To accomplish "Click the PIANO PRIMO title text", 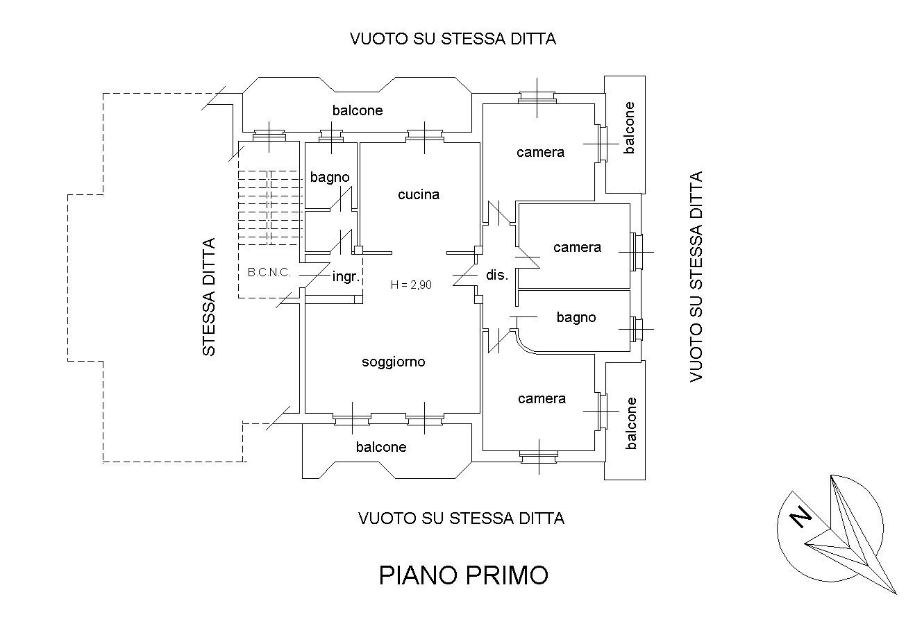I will click(463, 575).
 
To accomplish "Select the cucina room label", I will click(419, 195).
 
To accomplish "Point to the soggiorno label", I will click(394, 362).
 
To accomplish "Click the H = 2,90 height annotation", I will click(412, 283).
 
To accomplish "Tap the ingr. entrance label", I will click(345, 276).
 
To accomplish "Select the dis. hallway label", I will click(497, 275).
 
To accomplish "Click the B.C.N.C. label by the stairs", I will click(269, 273).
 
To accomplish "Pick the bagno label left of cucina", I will click(330, 178).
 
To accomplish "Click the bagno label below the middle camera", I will click(576, 318).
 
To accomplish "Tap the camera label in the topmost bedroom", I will click(540, 153).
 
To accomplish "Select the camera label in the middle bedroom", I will click(577, 248).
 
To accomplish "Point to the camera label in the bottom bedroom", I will click(542, 399).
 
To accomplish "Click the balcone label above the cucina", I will click(358, 110).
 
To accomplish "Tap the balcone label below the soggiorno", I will click(381, 448).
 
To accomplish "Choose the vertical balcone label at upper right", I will click(629, 128).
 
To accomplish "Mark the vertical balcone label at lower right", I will click(630, 423).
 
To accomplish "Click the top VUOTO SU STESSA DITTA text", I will click(453, 39).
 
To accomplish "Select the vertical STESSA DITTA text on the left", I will click(209, 297).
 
